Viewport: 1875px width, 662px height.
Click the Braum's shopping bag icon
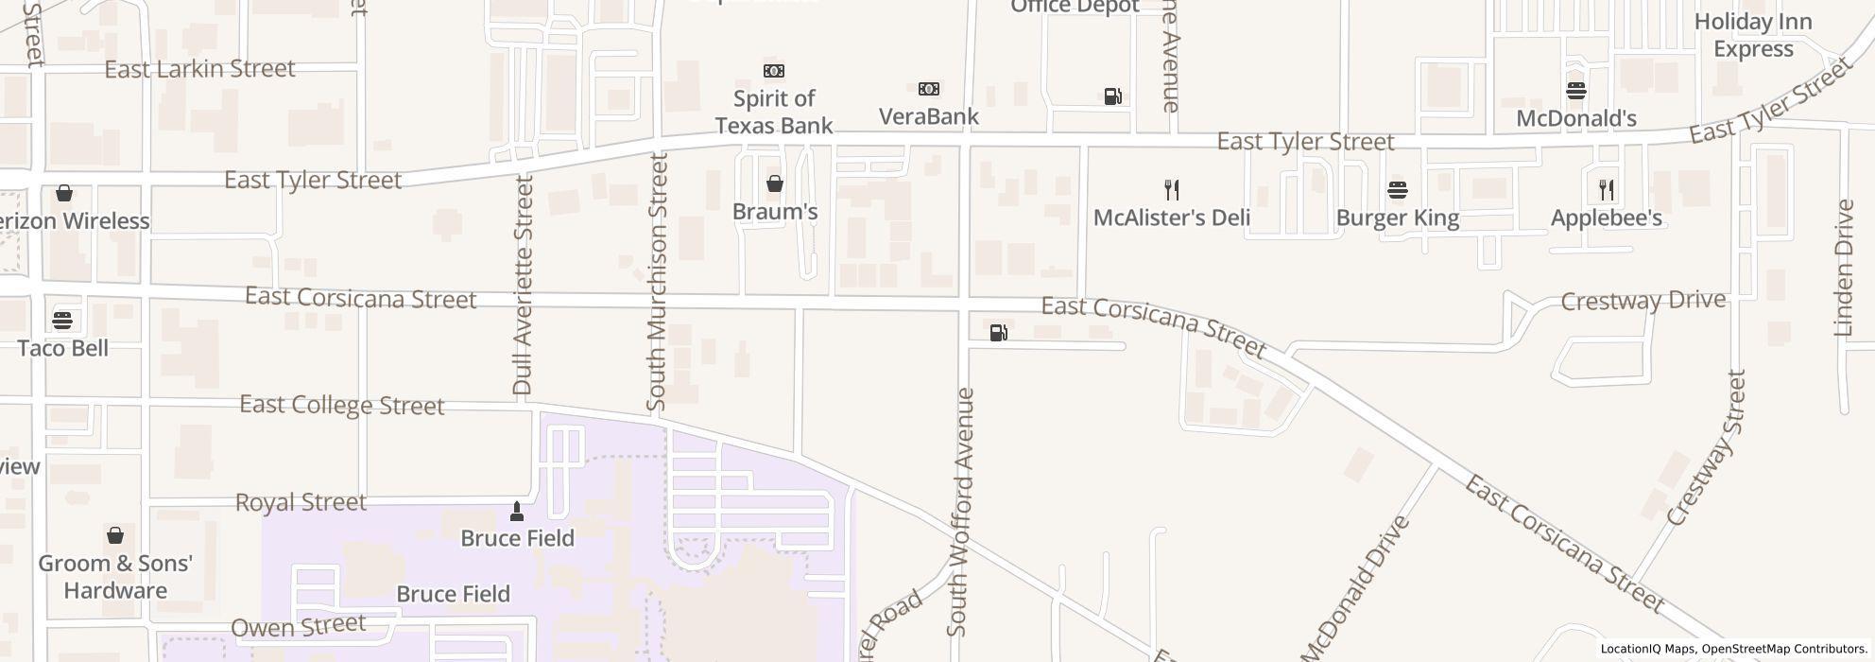(x=774, y=183)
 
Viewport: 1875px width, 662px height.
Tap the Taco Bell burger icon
(x=62, y=320)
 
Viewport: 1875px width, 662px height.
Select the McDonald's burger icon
(x=1575, y=91)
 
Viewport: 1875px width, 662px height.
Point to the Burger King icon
(x=1397, y=190)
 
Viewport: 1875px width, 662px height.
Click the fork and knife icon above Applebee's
(x=1606, y=190)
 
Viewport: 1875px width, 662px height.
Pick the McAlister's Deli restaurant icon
(x=1172, y=190)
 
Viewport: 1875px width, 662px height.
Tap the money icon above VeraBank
(x=928, y=89)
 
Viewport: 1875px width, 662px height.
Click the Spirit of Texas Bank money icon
(x=773, y=71)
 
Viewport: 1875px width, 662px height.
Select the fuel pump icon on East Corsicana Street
(x=998, y=332)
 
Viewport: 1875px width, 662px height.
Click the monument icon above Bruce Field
(x=516, y=512)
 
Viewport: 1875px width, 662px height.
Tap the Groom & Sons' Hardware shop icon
(x=114, y=535)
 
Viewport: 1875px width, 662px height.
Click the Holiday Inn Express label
(x=1752, y=35)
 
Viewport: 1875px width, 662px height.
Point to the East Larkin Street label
(x=199, y=69)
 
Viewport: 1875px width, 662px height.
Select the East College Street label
(x=341, y=405)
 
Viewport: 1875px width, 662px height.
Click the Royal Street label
(x=300, y=502)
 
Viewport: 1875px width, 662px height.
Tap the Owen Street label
(x=298, y=626)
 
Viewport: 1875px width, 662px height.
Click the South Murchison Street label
(x=657, y=282)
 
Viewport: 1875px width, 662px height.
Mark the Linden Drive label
(x=1843, y=268)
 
